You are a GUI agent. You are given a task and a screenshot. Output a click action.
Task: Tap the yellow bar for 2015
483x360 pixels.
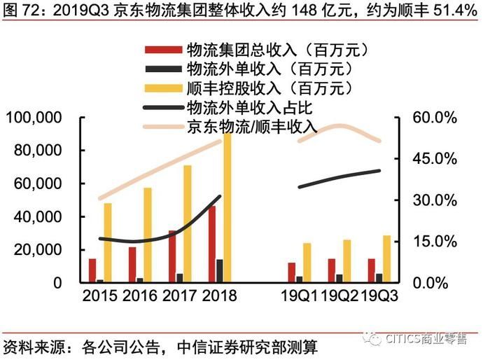[x=107, y=242]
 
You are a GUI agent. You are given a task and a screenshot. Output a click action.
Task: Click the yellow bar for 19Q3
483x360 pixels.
[x=387, y=258]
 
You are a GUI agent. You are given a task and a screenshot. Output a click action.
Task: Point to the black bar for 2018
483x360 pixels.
[x=220, y=270]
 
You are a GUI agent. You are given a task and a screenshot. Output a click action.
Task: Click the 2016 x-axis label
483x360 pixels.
[x=139, y=296]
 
